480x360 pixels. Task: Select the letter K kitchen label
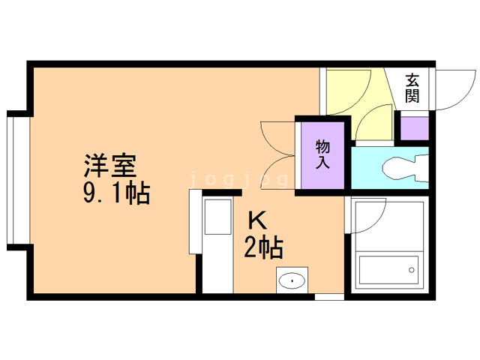(257, 220)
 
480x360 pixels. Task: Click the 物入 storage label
(322, 153)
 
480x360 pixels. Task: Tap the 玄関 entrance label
(412, 88)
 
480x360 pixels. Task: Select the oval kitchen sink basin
(292, 280)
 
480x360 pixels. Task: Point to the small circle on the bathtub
(411, 268)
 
